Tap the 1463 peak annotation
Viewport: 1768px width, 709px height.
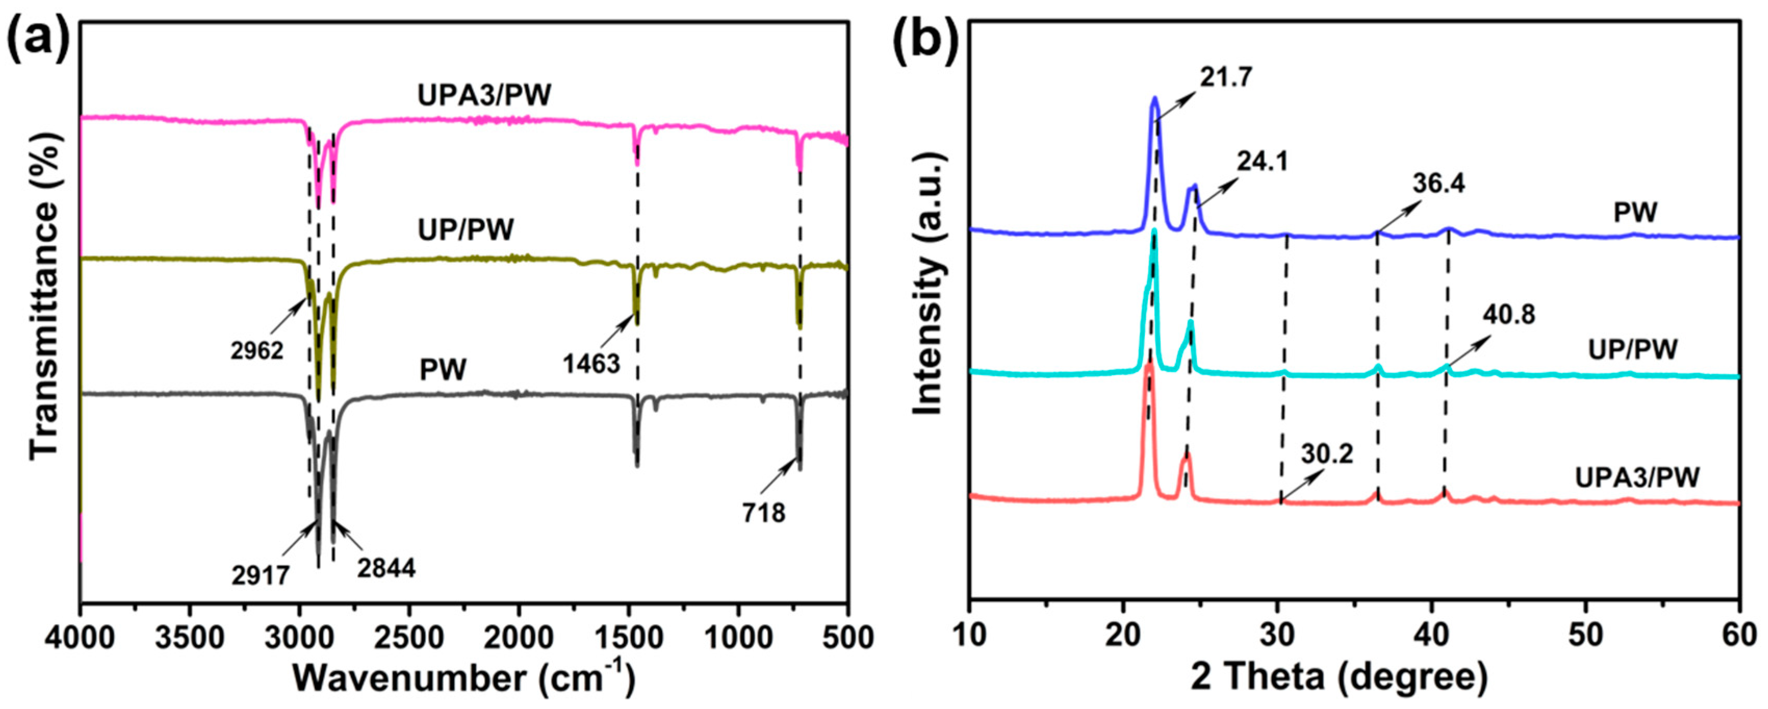pyautogui.click(x=591, y=364)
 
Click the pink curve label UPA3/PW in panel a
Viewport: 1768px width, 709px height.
pyautogui.click(x=485, y=95)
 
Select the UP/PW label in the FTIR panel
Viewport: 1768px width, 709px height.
pyautogui.click(x=466, y=230)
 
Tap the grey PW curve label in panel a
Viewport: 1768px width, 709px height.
pyautogui.click(x=443, y=371)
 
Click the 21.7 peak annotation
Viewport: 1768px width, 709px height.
pyautogui.click(x=1227, y=78)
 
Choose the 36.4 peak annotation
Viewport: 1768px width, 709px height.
pyautogui.click(x=1439, y=184)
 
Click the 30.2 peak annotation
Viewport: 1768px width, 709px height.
pyautogui.click(x=1327, y=454)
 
